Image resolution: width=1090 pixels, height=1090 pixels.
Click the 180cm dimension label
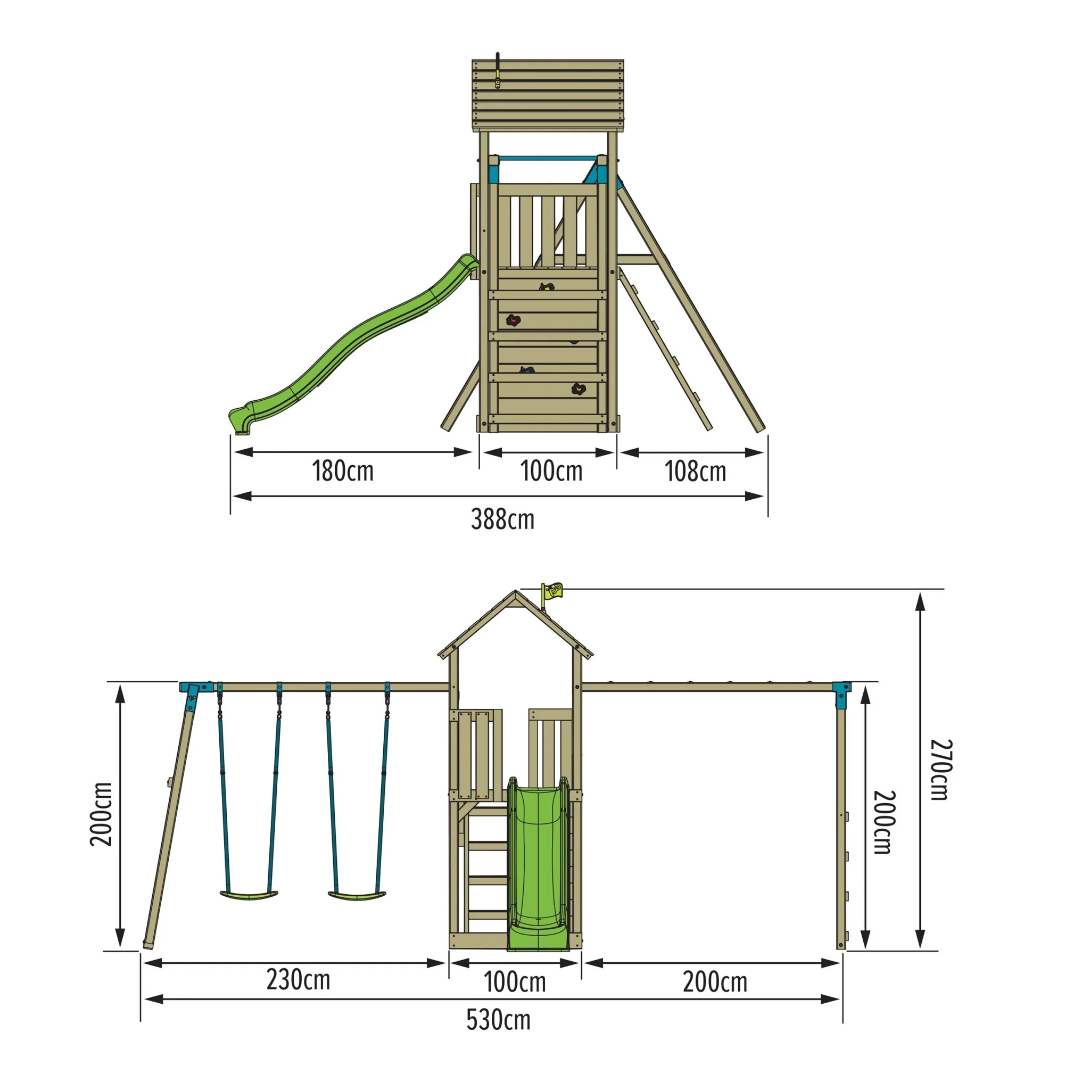(342, 470)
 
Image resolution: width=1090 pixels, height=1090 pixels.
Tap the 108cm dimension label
(695, 471)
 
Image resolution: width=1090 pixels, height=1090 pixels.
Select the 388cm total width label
(502, 519)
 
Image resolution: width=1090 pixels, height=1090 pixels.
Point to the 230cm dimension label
(298, 980)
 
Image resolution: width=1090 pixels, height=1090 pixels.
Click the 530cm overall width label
(498, 1020)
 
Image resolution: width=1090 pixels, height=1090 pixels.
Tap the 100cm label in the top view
(551, 470)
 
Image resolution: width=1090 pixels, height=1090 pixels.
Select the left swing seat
(249, 894)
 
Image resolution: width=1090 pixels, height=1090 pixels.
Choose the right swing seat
(358, 895)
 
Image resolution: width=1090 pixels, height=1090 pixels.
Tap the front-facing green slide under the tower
(537, 863)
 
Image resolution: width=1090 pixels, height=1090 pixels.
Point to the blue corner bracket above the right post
(841, 692)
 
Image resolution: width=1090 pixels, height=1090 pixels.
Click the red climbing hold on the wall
(513, 320)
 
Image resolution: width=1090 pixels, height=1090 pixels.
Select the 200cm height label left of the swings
(102, 814)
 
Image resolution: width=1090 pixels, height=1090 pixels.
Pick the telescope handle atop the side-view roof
(498, 71)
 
